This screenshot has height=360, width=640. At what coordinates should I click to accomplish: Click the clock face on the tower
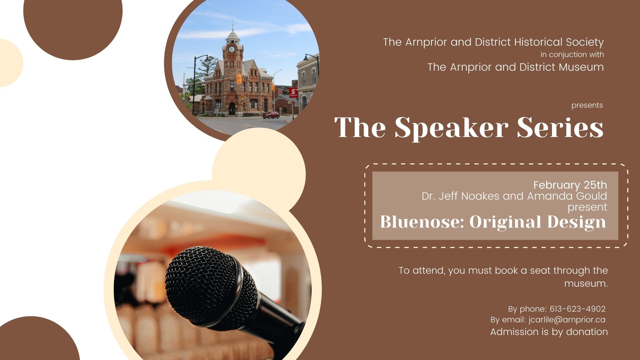[232, 49]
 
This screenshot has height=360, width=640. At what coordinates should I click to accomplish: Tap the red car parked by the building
[271, 115]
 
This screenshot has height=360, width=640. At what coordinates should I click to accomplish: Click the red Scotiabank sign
[293, 92]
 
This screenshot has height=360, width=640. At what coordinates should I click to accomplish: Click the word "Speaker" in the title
[452, 128]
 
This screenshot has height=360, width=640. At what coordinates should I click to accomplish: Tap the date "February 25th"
[570, 185]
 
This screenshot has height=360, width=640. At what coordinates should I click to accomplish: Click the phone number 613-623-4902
[577, 309]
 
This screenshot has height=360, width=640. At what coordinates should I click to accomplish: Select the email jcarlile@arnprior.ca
[567, 320]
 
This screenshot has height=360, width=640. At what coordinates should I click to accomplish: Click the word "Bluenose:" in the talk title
[422, 222]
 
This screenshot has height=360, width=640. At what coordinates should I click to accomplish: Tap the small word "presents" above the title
[587, 105]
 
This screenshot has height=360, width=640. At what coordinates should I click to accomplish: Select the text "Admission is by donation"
[549, 332]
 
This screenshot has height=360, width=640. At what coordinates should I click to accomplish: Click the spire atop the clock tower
[233, 25]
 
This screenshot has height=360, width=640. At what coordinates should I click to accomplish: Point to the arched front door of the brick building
[232, 109]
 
